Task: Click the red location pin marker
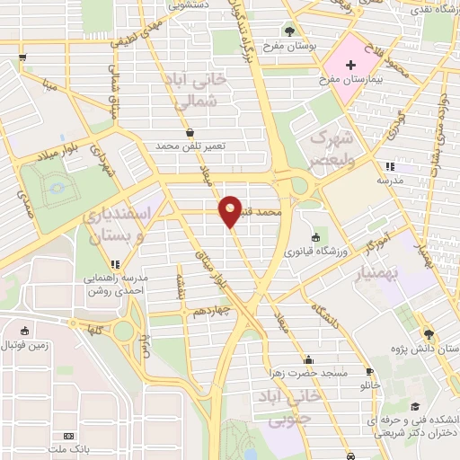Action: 230,210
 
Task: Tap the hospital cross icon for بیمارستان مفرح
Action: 349,64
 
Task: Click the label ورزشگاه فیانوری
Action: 287,251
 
